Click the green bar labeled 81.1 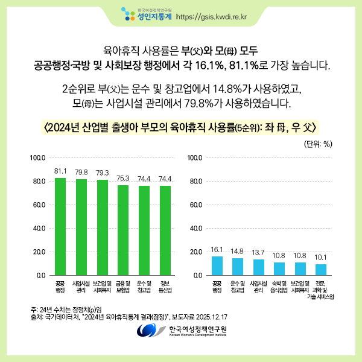pos(60,226)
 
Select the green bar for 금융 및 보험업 pos(123,230)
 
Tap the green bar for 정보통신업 pos(165,230)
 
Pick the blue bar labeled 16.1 pos(217,265)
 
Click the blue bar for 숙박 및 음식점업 pos(279,268)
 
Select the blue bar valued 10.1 pos(321,270)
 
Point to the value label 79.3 pos(103,173)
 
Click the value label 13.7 pos(258,253)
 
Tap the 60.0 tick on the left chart pos(39,205)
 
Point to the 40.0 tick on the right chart pos(195,228)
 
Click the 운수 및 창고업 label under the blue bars pos(238,287)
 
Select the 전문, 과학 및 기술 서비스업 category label pos(320,290)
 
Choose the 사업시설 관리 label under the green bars pos(81,287)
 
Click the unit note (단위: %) pos(318,144)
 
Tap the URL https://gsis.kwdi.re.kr pos(212,17)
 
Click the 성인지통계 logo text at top pos(154,17)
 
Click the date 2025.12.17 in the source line pos(212,317)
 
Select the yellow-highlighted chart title pos(180,127)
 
